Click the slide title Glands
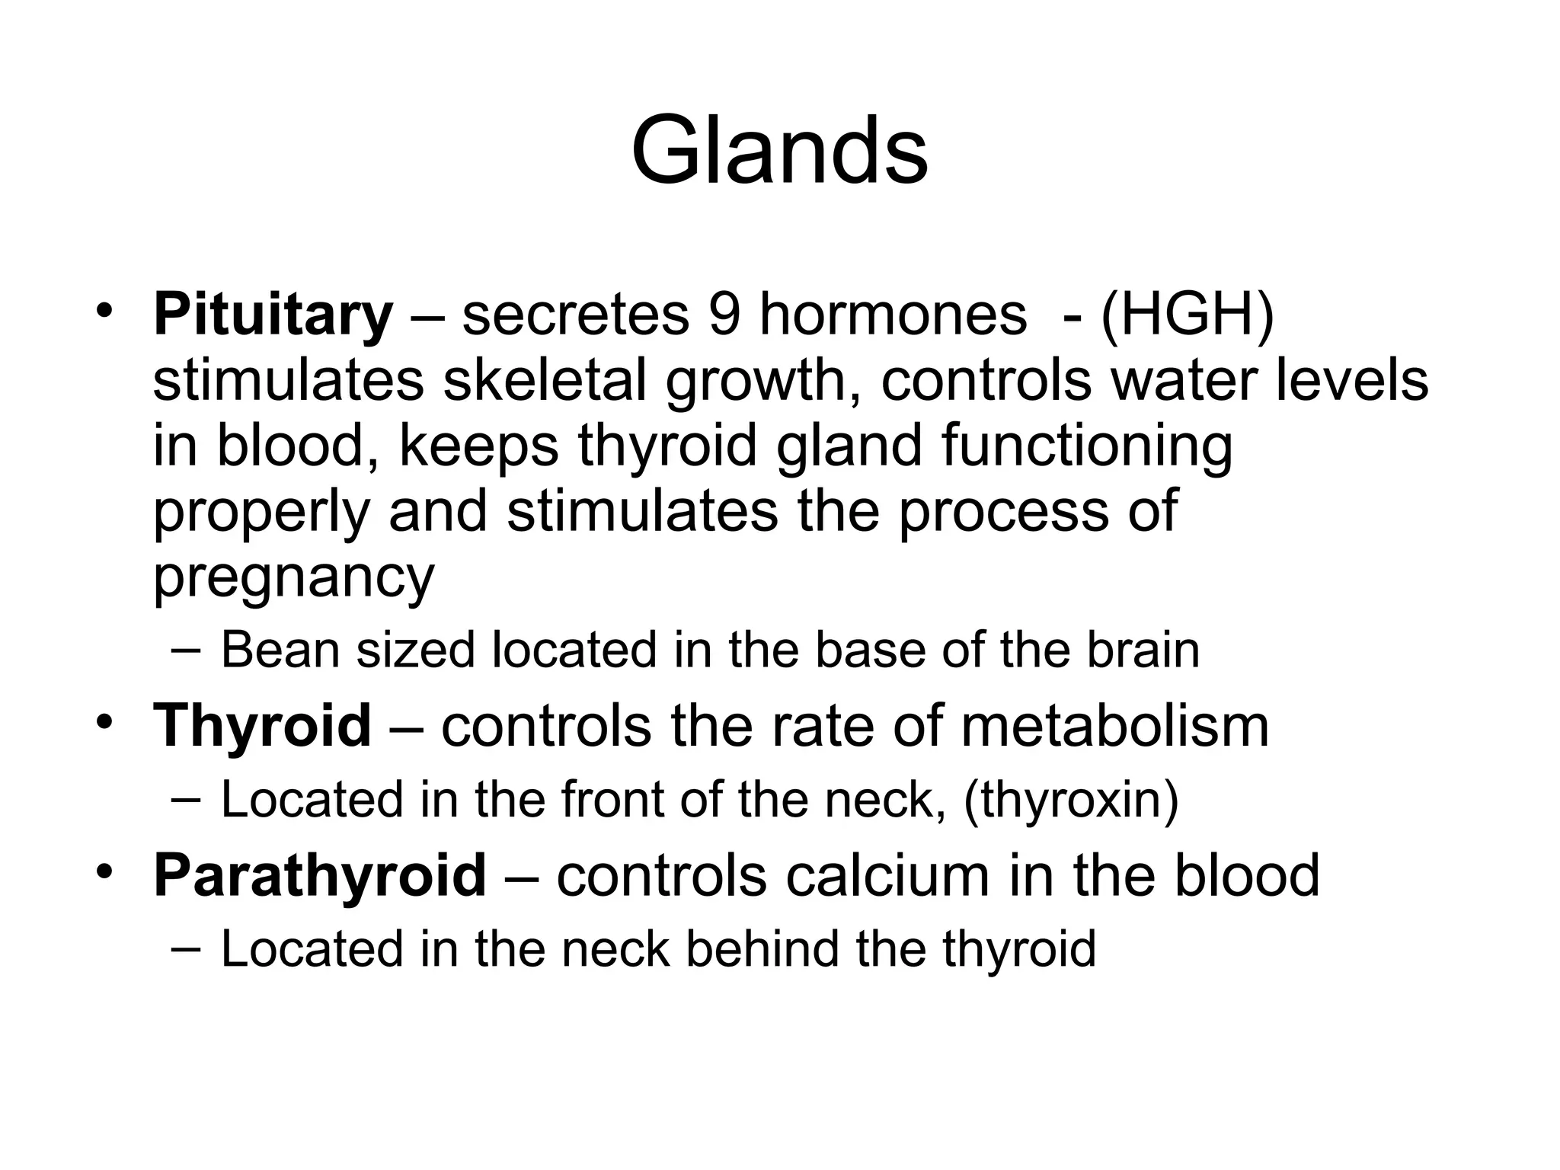(779, 150)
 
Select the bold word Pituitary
(273, 315)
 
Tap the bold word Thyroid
(262, 726)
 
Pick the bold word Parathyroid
(319, 876)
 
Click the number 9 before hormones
(723, 315)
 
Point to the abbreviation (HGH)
(1187, 315)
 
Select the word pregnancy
(293, 577)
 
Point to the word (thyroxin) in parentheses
(1070, 801)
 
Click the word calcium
(887, 876)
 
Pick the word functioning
(1087, 446)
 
